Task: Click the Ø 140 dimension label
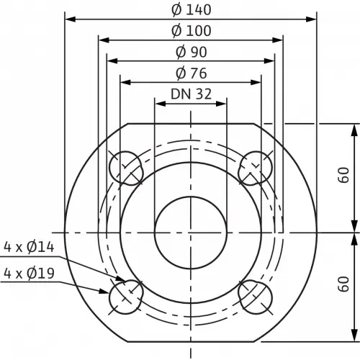click(192, 10)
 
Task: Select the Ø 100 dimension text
click(192, 31)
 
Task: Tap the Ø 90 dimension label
click(192, 52)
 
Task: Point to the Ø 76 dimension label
click(192, 73)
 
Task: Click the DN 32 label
click(191, 94)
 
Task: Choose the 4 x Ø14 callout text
click(29, 247)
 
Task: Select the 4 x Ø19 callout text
click(29, 274)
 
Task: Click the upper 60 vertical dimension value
click(343, 175)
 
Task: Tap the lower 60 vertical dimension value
click(343, 284)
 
